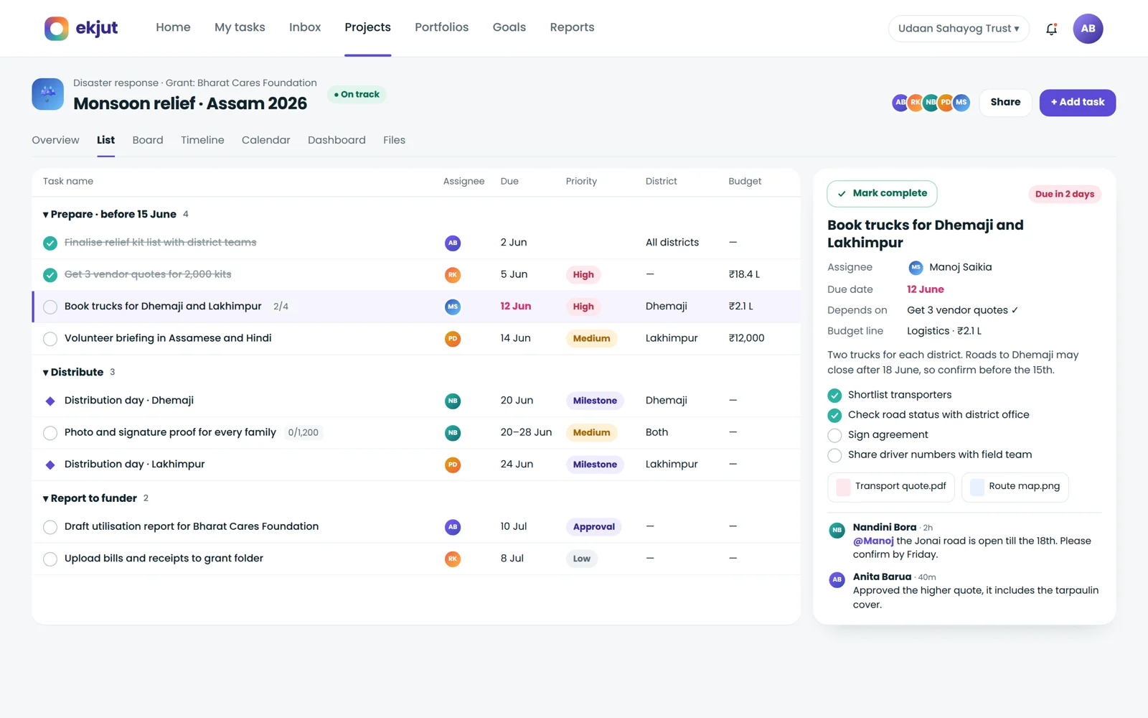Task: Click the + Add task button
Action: pyautogui.click(x=1077, y=103)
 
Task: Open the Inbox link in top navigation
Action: pyautogui.click(x=305, y=27)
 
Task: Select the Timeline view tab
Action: pyautogui.click(x=202, y=140)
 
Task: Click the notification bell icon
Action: pyautogui.click(x=1051, y=29)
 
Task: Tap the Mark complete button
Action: pyautogui.click(x=882, y=193)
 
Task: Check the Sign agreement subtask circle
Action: pyautogui.click(x=834, y=435)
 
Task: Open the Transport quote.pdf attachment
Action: pyautogui.click(x=890, y=486)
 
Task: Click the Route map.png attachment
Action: pyautogui.click(x=1015, y=486)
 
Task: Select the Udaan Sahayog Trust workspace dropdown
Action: pyautogui.click(x=959, y=29)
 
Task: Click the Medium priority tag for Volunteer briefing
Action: pyautogui.click(x=591, y=338)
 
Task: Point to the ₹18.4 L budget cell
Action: pyautogui.click(x=744, y=274)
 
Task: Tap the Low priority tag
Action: pyautogui.click(x=582, y=559)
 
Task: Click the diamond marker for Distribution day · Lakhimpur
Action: pyautogui.click(x=50, y=465)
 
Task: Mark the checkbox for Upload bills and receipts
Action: pyautogui.click(x=50, y=559)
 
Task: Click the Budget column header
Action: pyautogui.click(x=745, y=181)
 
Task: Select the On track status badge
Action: pyautogui.click(x=357, y=94)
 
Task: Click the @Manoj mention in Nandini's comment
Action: pyautogui.click(x=873, y=541)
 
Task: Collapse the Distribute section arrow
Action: pyautogui.click(x=46, y=373)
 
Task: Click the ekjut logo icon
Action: pyautogui.click(x=57, y=28)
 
